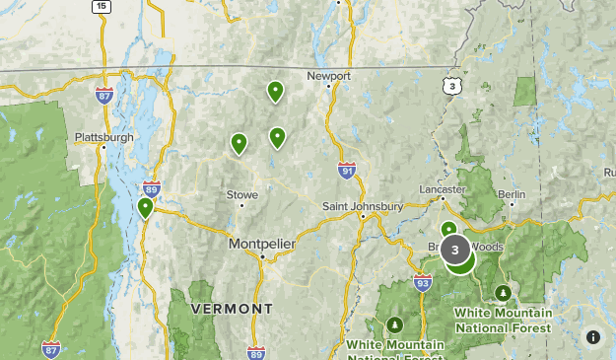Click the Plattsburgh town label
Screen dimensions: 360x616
click(x=103, y=137)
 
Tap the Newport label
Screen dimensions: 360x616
click(x=328, y=75)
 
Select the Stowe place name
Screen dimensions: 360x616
click(x=242, y=194)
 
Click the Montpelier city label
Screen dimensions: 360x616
click(x=261, y=243)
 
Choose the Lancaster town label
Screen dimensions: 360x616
click(x=443, y=188)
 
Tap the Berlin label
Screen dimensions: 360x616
click(x=512, y=194)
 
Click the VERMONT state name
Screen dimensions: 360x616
click(x=232, y=309)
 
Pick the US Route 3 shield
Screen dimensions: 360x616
click(x=451, y=87)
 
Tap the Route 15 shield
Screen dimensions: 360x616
click(x=101, y=6)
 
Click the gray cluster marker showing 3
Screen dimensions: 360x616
click(x=454, y=251)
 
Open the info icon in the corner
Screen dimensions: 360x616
click(x=592, y=336)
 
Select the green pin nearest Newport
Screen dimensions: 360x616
click(x=276, y=92)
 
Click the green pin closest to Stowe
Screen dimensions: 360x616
click(x=239, y=144)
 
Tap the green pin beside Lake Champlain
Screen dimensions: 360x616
click(x=146, y=207)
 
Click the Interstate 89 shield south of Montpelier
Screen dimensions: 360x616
click(x=256, y=352)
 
